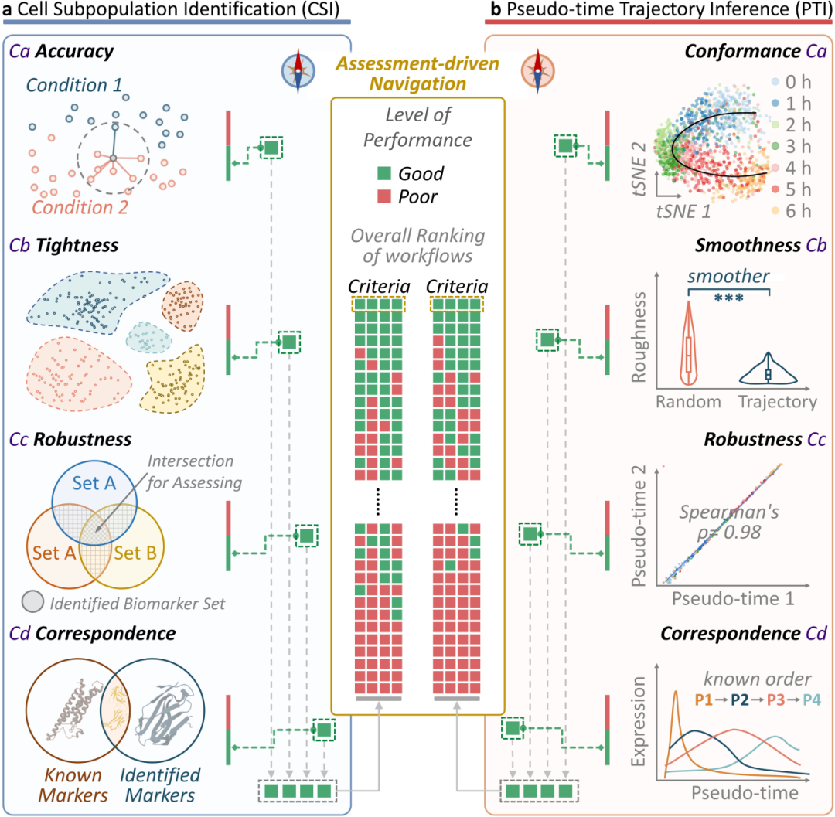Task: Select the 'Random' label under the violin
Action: click(688, 402)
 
